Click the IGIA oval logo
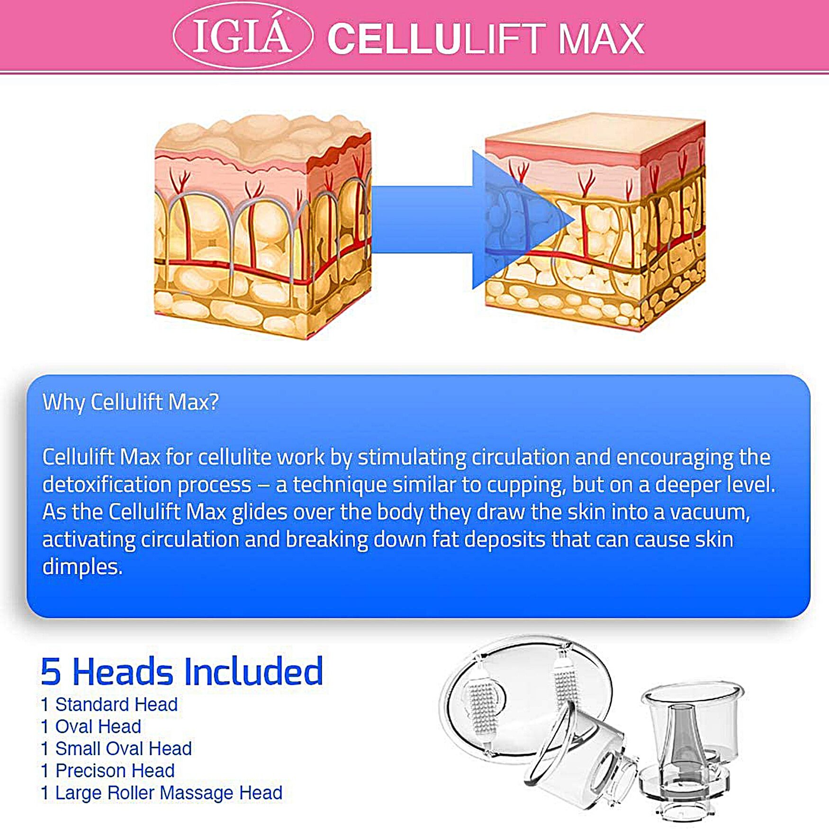(x=243, y=36)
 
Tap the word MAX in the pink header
(x=601, y=39)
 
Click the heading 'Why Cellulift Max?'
(x=131, y=402)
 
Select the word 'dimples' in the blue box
(x=82, y=567)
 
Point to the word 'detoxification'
(x=107, y=485)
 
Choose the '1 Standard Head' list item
(x=109, y=704)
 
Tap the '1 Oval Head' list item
(x=91, y=726)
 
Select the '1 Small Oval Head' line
(x=117, y=748)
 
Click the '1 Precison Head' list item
(x=108, y=770)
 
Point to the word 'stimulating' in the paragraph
(x=412, y=457)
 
